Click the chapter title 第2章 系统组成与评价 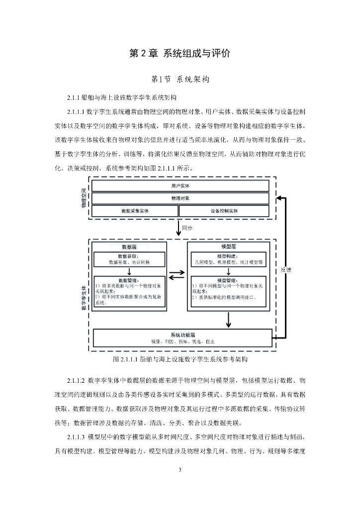point(180,54)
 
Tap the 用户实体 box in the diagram point(180,186)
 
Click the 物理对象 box point(180,198)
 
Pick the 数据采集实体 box point(135,211)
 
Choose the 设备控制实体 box point(224,211)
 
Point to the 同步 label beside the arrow point(187,228)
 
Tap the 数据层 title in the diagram point(129,247)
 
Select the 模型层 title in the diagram point(228,247)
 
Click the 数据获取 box point(129,259)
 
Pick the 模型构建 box point(228,259)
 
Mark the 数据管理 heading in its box point(129,280)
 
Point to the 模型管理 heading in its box point(228,280)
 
